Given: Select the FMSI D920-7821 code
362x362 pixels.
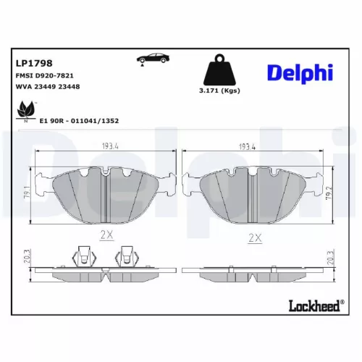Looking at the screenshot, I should pyautogui.click(x=44, y=75).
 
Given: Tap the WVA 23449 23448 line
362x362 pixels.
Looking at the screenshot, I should pyautogui.click(x=46, y=87).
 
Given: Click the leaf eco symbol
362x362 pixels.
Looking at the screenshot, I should pyautogui.click(x=25, y=111).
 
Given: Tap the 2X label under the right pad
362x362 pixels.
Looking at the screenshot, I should pyautogui.click(x=254, y=237).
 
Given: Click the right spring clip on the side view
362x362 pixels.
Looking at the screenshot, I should pyautogui.click(x=130, y=256).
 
